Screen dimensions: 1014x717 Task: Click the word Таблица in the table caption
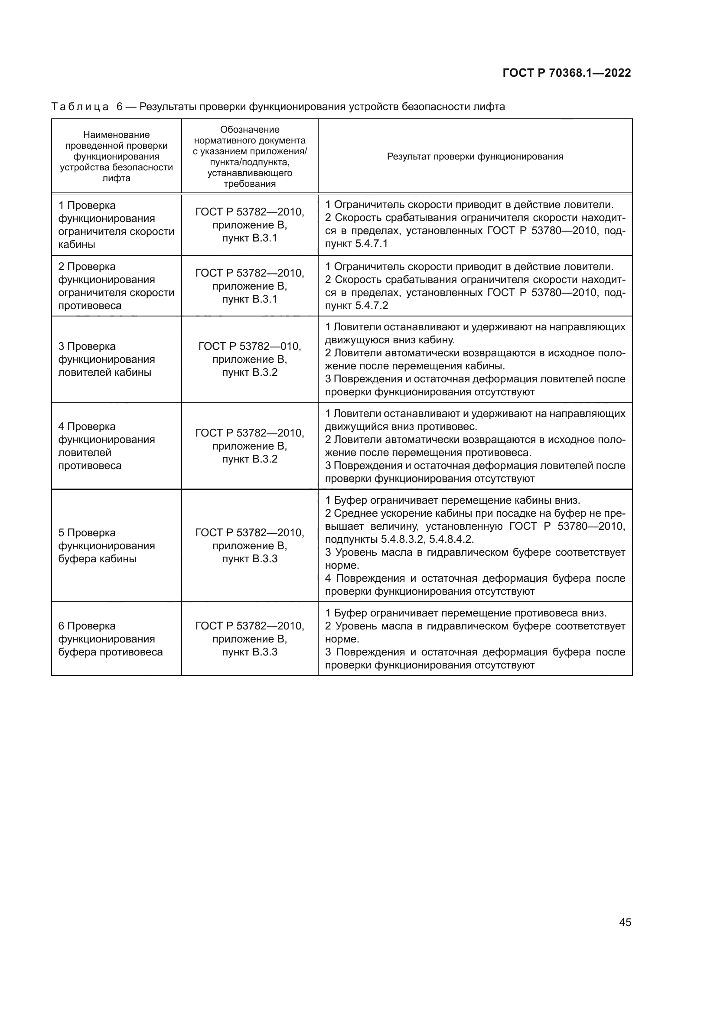tap(80, 107)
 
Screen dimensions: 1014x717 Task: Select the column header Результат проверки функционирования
tap(475, 157)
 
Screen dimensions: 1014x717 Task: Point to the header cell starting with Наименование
tap(117, 157)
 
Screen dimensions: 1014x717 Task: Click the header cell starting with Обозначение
tap(249, 157)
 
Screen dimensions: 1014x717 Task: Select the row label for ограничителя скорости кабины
tap(116, 225)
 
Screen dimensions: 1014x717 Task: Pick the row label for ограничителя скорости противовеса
tap(116, 286)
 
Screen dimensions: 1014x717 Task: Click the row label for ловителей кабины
tap(106, 359)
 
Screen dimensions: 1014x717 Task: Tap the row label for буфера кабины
tap(106, 546)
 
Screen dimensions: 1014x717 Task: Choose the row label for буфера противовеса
tap(111, 639)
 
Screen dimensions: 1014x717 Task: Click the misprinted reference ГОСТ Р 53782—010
tap(249, 347)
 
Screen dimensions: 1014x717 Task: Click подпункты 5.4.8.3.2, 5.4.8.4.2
tap(399, 539)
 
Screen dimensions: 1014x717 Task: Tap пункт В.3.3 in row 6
tap(249, 652)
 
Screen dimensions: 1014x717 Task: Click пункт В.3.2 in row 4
tap(249, 459)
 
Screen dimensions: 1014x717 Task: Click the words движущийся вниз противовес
tap(401, 427)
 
